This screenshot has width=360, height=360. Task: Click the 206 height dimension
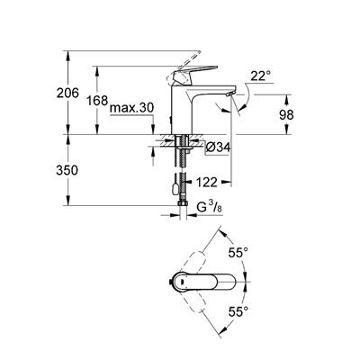pos(79,93)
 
